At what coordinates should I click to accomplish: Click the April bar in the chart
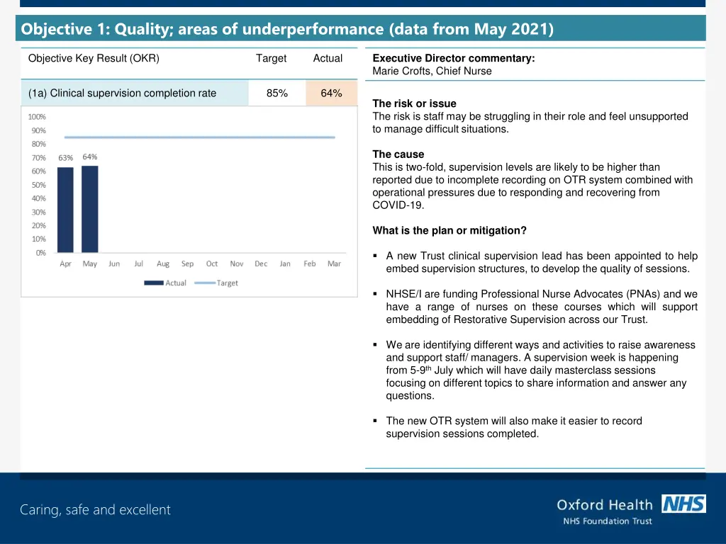(x=65, y=210)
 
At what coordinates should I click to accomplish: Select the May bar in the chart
(x=90, y=209)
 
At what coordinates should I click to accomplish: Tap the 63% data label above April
(x=65, y=158)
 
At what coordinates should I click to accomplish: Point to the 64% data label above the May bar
(x=90, y=157)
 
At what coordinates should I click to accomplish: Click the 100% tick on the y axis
(x=37, y=117)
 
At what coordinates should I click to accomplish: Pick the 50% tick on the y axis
(x=39, y=185)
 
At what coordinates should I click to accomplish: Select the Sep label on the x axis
(x=187, y=263)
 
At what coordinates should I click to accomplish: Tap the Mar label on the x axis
(x=334, y=263)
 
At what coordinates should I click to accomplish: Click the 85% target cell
(x=277, y=93)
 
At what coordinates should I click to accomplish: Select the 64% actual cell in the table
(x=331, y=93)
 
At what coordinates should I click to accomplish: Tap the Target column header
(x=272, y=59)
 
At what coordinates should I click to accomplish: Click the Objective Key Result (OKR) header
(x=94, y=59)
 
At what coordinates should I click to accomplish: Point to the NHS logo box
(x=683, y=504)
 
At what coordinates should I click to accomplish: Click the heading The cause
(x=398, y=154)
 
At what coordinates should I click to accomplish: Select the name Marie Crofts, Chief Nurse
(x=432, y=71)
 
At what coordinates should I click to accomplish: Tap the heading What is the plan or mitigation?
(x=449, y=230)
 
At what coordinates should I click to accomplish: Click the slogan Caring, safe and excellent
(x=95, y=509)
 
